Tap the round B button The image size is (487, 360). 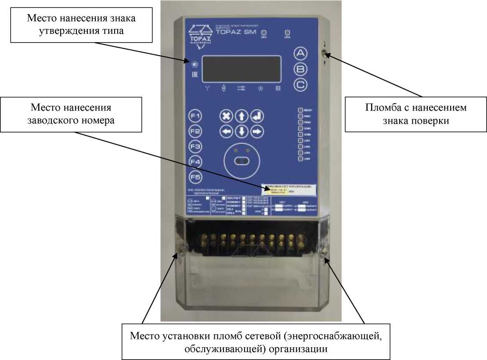(x=300, y=69)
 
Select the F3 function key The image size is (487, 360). (x=195, y=147)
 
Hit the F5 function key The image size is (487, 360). (x=195, y=177)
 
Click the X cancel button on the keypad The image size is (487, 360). (x=226, y=116)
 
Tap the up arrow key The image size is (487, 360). (x=241, y=116)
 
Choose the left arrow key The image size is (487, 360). (x=226, y=131)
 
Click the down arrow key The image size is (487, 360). (x=241, y=131)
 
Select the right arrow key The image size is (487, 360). (x=256, y=131)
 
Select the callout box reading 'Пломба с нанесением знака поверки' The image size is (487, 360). (x=415, y=114)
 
